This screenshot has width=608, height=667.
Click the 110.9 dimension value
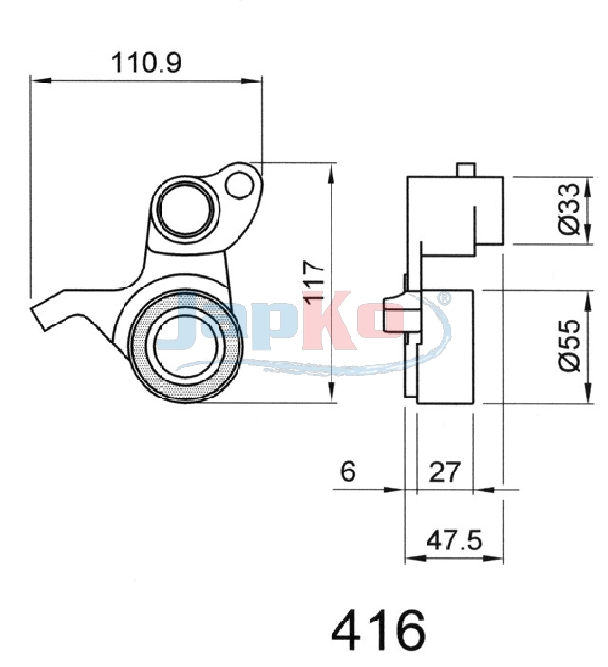(146, 63)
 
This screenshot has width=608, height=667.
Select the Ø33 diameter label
(570, 210)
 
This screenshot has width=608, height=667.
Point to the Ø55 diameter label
(570, 345)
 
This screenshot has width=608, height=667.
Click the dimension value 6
(348, 472)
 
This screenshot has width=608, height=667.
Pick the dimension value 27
(446, 472)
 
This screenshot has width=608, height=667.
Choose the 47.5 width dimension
(454, 541)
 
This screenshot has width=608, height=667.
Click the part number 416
(378, 631)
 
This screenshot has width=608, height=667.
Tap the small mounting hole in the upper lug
(239, 185)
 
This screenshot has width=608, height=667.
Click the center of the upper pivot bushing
(186, 209)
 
